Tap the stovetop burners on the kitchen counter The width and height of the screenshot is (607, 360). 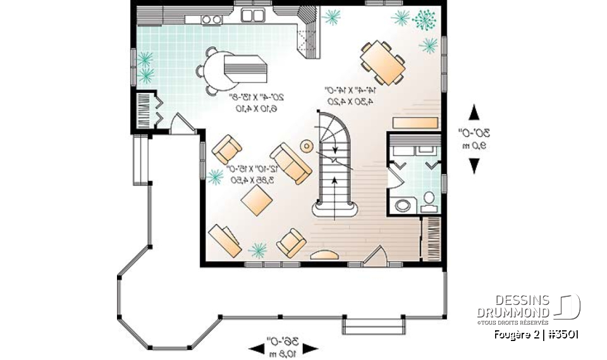pyautogui.click(x=212, y=20)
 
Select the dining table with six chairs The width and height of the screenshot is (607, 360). pyautogui.click(x=383, y=62)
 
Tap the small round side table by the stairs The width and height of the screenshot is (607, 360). pyautogui.click(x=307, y=147)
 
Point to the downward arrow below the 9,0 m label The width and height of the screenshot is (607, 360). pyautogui.click(x=474, y=165)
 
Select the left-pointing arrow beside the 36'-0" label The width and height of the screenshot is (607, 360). pyautogui.click(x=257, y=347)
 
